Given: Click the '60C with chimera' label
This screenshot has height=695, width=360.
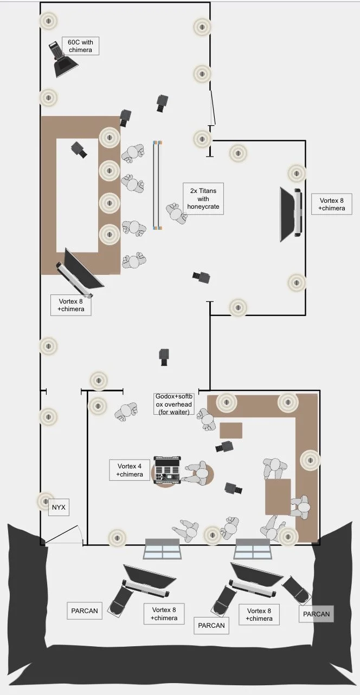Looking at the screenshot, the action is coord(80,46).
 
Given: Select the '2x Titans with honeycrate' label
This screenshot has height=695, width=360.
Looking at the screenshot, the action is coord(203,198).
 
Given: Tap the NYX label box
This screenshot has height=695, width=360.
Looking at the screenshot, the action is coord(59,507).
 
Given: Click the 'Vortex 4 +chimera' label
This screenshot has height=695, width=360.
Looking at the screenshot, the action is coord(130,470).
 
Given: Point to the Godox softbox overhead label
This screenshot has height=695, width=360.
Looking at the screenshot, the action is coord(174,404).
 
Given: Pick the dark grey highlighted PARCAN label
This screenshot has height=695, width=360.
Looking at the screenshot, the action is coord(316,614).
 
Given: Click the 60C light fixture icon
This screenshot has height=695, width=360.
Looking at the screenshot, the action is coord(64,60).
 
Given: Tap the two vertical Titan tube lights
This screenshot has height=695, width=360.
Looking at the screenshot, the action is coord(157,185).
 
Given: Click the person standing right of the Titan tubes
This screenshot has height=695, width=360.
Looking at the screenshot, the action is coord(177,213).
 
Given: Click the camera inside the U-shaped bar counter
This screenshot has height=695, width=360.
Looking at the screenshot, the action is coord(79,150).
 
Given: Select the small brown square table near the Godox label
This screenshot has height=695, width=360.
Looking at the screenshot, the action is coord(230,430).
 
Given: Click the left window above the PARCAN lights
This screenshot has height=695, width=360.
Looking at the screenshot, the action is coord(162,549).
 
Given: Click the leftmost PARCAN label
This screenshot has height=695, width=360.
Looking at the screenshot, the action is coord(85,610).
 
